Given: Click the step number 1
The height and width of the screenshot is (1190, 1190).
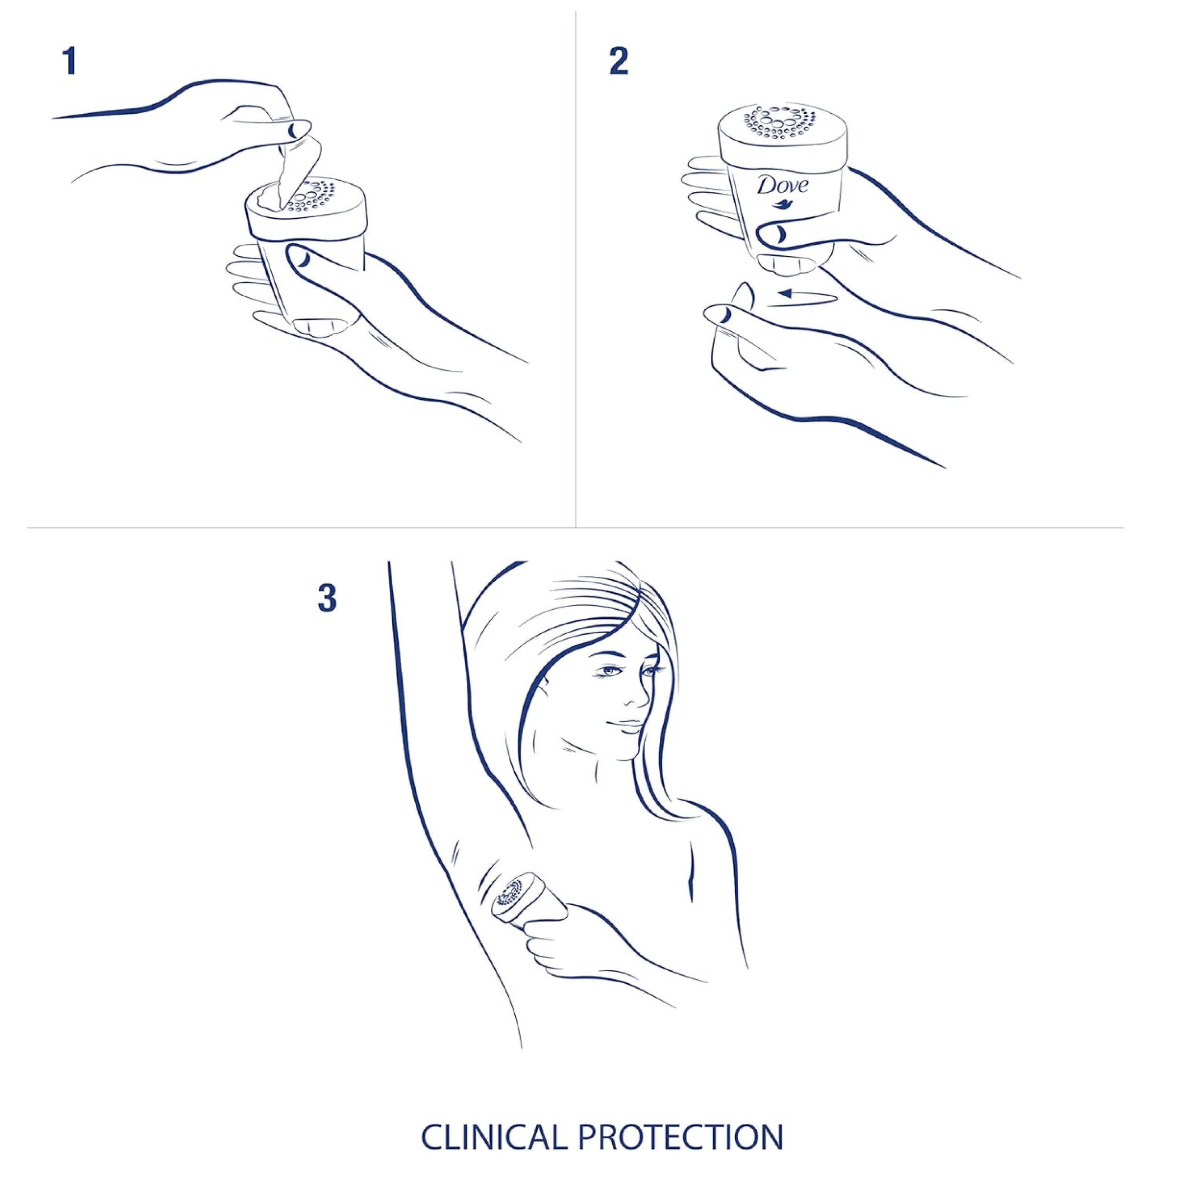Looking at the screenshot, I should (x=70, y=62).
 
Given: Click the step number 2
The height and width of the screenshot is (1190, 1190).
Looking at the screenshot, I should (x=618, y=62).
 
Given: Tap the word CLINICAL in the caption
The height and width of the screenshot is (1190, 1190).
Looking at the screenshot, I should (x=495, y=1137).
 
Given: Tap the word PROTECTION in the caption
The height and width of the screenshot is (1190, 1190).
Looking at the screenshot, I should (x=680, y=1137).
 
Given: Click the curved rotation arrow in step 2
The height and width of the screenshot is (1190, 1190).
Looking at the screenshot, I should (x=807, y=297).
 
